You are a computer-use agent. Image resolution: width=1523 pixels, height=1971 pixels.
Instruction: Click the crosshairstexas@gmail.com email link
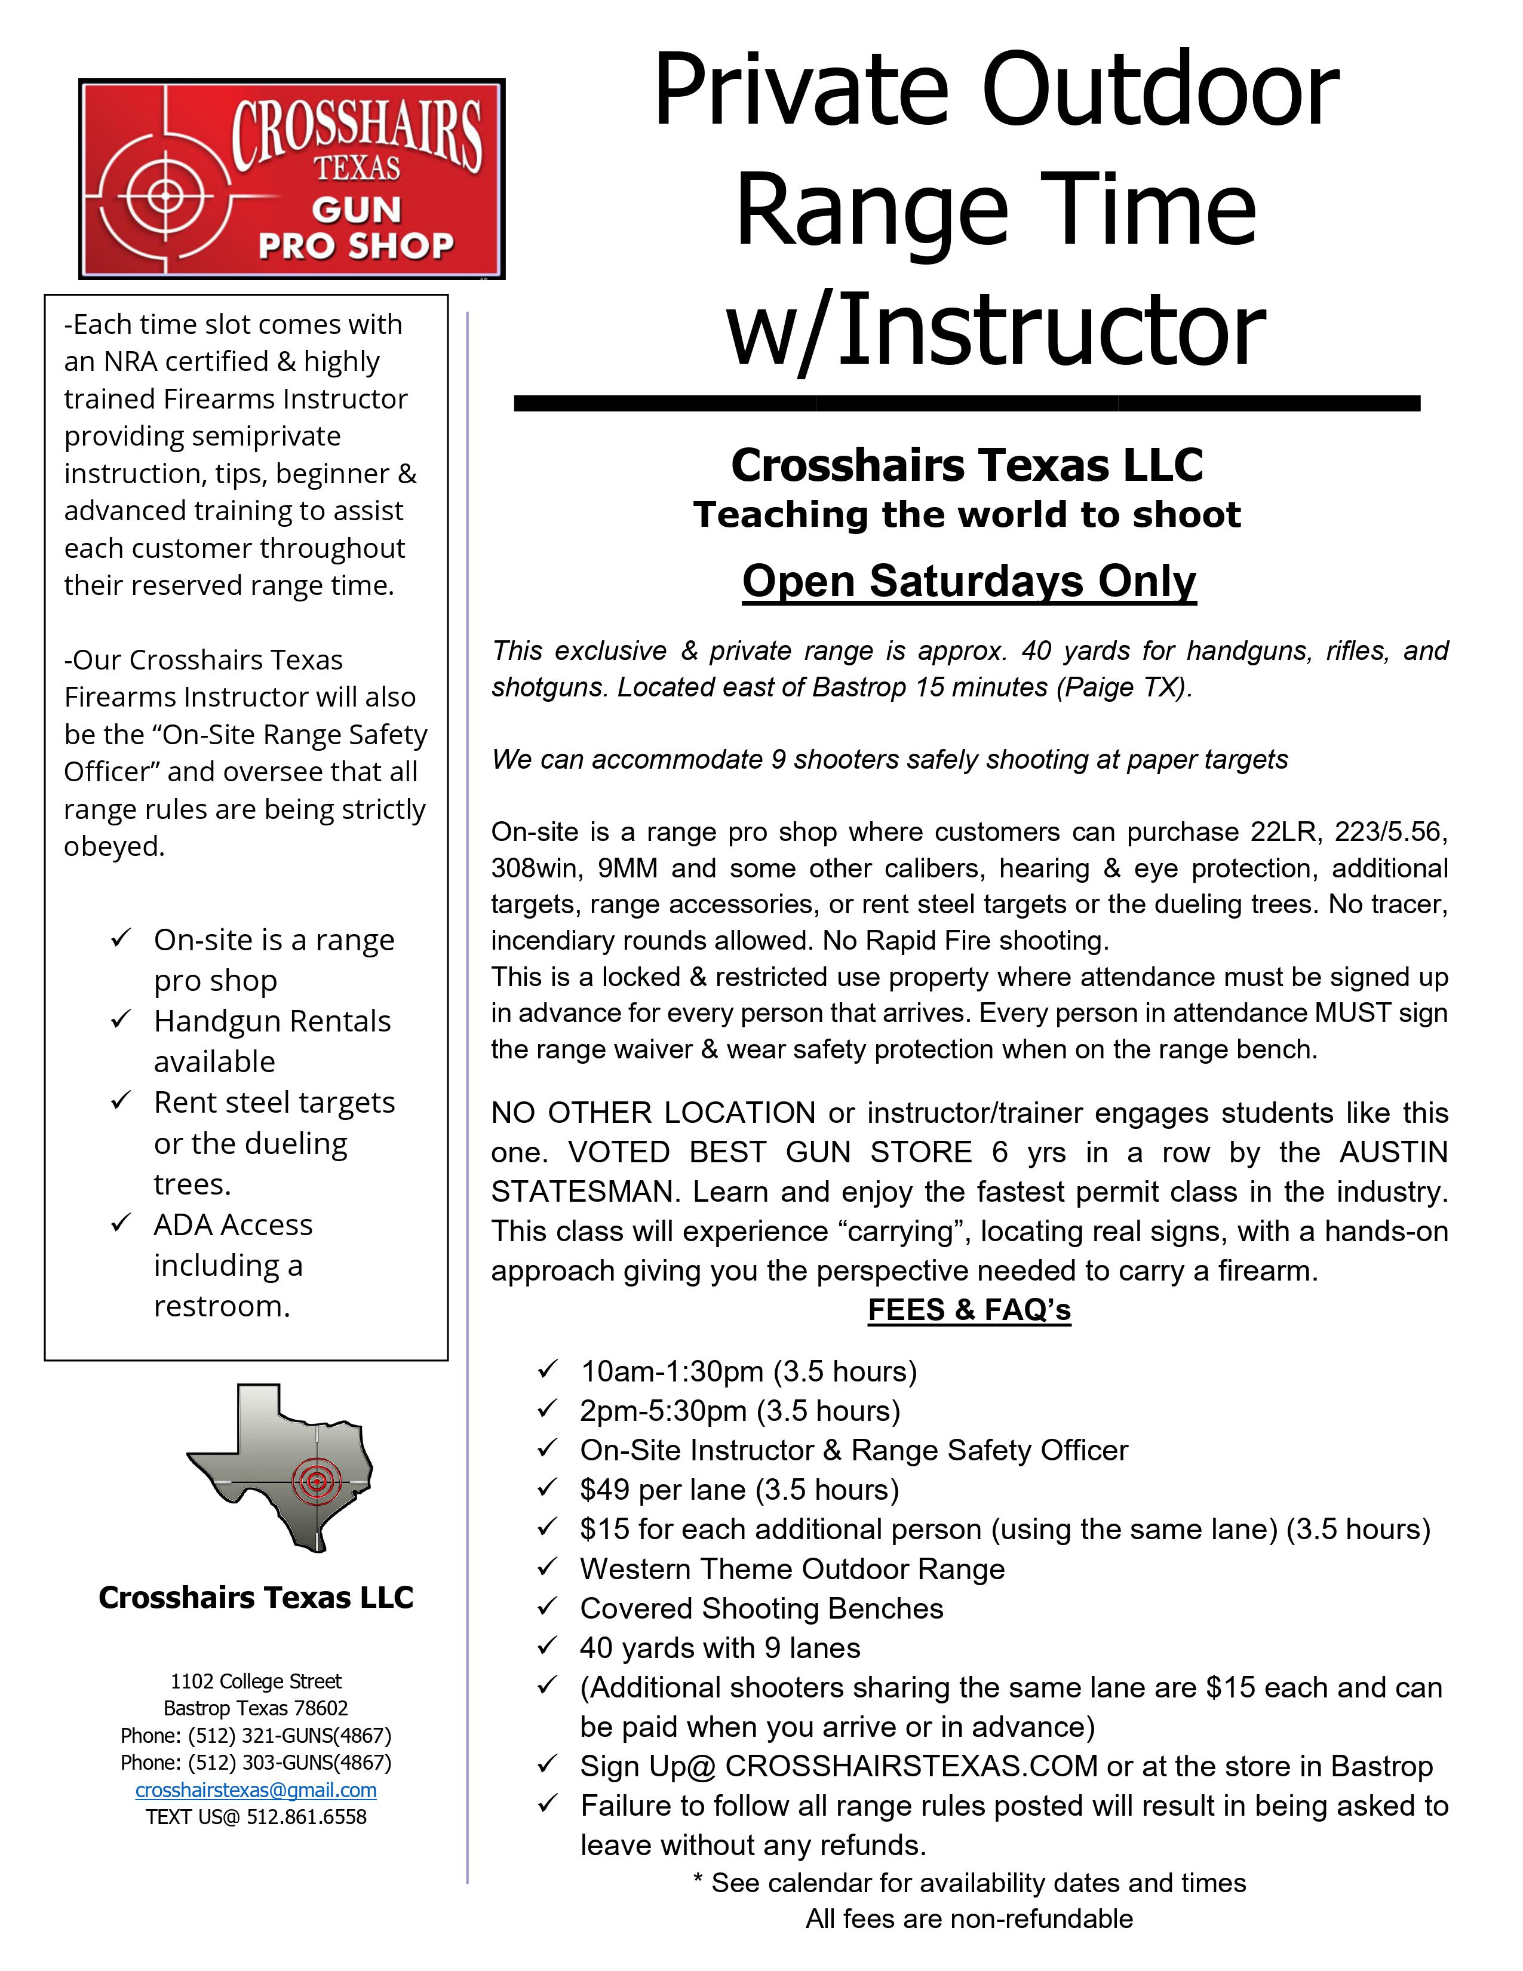256,1789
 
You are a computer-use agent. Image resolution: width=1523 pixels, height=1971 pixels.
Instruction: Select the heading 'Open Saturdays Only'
969,581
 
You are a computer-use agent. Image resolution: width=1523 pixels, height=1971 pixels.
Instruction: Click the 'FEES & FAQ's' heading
969,1309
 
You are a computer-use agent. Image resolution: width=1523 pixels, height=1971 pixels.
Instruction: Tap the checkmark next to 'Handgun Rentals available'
121,1020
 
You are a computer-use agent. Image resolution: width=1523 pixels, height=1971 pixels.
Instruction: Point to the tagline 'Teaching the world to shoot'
967,514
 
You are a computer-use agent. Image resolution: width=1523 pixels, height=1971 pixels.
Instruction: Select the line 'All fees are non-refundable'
969,1918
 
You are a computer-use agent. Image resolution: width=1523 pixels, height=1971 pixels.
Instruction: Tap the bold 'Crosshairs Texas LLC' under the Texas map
256,1597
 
